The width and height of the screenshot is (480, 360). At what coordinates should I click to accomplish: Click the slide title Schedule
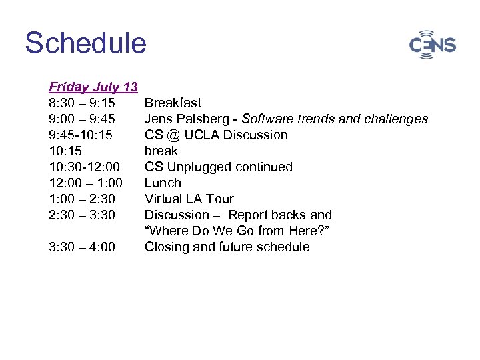coord(85,43)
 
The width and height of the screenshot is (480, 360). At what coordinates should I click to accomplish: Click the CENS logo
coord(432,45)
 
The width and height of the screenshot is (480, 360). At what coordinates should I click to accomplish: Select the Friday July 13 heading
coord(93,87)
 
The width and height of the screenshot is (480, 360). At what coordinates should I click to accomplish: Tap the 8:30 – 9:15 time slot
coord(81,103)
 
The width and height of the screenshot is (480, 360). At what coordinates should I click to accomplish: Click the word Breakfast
coord(173,103)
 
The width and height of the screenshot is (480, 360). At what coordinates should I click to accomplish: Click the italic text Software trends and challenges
coord(335,119)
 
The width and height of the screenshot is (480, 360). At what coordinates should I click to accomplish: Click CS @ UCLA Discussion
coord(216,135)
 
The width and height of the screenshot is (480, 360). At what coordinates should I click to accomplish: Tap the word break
coord(161,151)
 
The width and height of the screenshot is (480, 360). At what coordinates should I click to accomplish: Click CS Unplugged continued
coord(218,167)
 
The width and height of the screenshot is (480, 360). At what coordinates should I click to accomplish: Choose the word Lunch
coord(163,183)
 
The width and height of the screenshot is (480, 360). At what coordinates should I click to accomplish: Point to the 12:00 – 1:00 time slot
coord(85,183)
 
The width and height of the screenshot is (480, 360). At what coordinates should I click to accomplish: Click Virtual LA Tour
coord(189,199)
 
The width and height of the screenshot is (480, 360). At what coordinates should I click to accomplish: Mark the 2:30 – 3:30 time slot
coord(81,215)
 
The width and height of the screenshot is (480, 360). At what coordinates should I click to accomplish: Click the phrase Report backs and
coord(280,215)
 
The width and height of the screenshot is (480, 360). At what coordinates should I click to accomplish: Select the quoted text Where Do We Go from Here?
coord(237,231)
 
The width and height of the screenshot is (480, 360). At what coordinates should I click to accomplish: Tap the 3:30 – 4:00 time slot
coord(81,247)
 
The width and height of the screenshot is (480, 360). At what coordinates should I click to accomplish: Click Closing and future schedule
coord(227,247)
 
